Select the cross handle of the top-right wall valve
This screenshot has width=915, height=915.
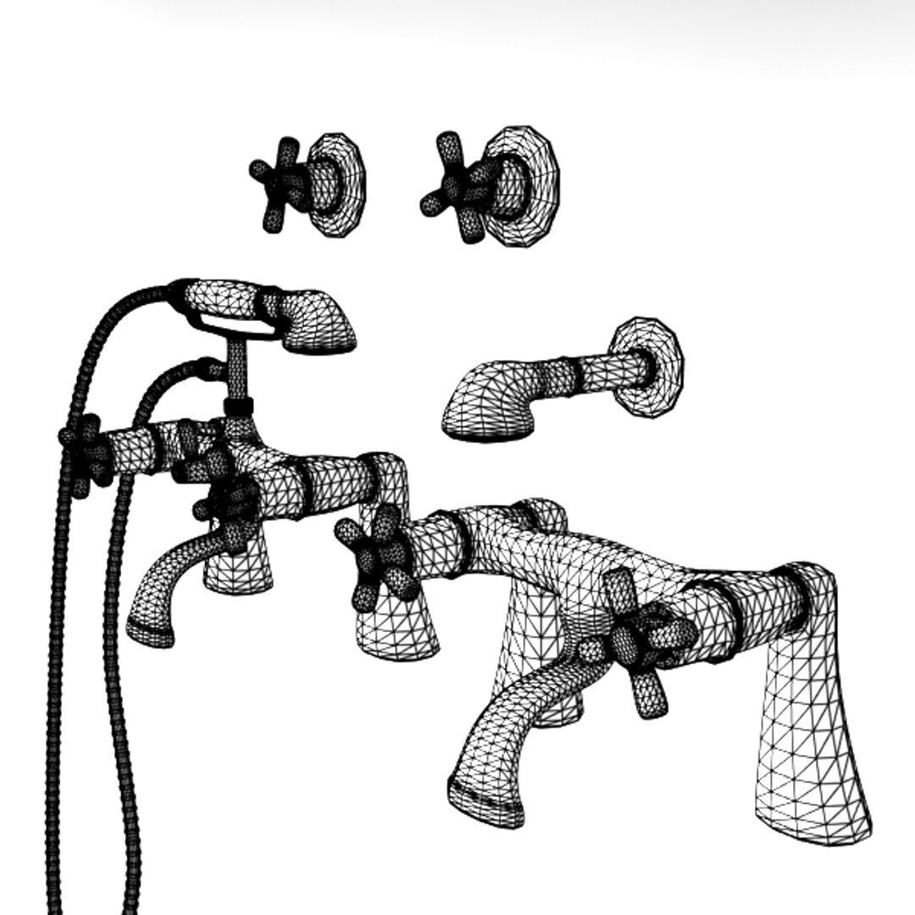[x=455, y=188]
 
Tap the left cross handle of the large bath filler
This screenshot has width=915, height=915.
[x=373, y=559]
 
